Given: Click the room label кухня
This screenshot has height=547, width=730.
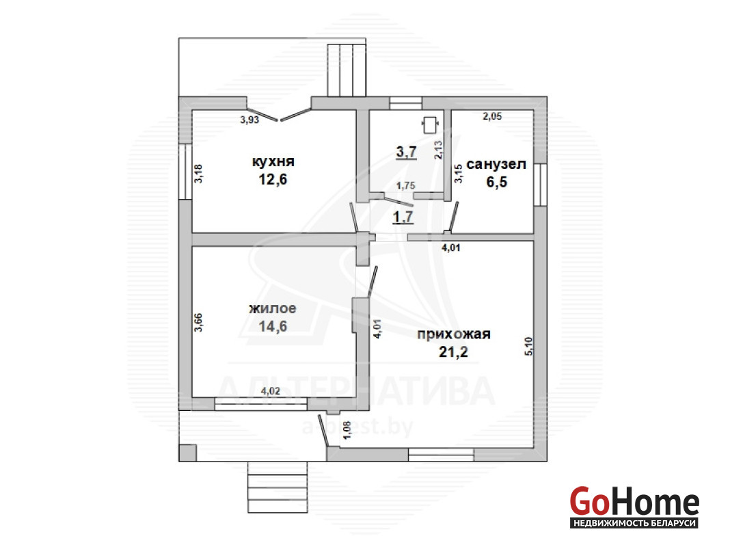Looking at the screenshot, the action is click(x=273, y=162).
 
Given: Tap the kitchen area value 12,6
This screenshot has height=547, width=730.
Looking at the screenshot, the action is click(x=273, y=178).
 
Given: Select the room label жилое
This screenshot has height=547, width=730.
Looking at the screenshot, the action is click(x=273, y=308).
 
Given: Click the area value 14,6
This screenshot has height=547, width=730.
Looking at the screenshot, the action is click(x=273, y=326).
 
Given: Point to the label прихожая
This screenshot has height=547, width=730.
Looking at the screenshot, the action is click(x=454, y=334).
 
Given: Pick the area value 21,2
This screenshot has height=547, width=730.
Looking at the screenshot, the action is click(x=453, y=352).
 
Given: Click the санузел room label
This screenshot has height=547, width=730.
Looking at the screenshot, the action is click(x=496, y=164).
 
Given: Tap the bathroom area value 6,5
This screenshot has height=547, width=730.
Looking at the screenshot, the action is click(x=497, y=182).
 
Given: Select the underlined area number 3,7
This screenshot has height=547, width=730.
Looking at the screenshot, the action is click(x=407, y=151).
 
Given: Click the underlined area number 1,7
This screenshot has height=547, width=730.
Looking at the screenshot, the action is click(x=403, y=217).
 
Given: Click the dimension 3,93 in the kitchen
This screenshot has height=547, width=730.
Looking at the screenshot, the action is click(x=249, y=120).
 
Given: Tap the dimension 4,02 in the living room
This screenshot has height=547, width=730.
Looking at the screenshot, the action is click(x=271, y=391).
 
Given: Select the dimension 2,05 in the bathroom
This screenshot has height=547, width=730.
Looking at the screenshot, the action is click(x=492, y=116).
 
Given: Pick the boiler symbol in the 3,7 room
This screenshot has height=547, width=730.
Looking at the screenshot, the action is click(x=430, y=124).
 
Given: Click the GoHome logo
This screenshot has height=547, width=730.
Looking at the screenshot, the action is click(x=634, y=507).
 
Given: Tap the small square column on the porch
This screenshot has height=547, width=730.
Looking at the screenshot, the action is click(x=187, y=453).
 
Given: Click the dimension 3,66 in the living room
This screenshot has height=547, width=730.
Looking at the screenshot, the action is click(x=198, y=322).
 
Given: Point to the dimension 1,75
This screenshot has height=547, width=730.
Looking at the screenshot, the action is click(x=405, y=185).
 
